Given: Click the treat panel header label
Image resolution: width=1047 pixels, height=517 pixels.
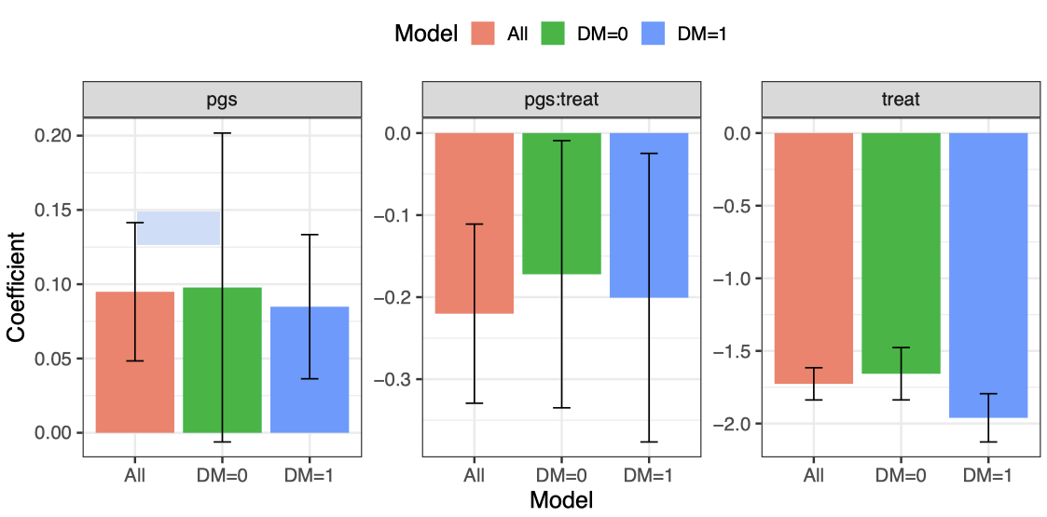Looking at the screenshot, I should point(901,99).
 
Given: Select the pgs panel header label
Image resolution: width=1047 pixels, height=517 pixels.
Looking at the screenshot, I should point(222,99).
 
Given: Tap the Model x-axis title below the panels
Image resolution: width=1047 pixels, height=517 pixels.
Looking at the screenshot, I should point(560,500).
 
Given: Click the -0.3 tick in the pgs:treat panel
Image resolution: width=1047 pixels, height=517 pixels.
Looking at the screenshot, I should point(394,379).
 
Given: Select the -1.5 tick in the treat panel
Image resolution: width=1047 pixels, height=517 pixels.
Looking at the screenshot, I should point(734,351).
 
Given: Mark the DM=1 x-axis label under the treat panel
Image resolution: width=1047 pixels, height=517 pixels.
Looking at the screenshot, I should point(987,475).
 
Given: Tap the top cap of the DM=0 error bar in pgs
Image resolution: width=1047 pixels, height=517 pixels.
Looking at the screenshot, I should point(222,133).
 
